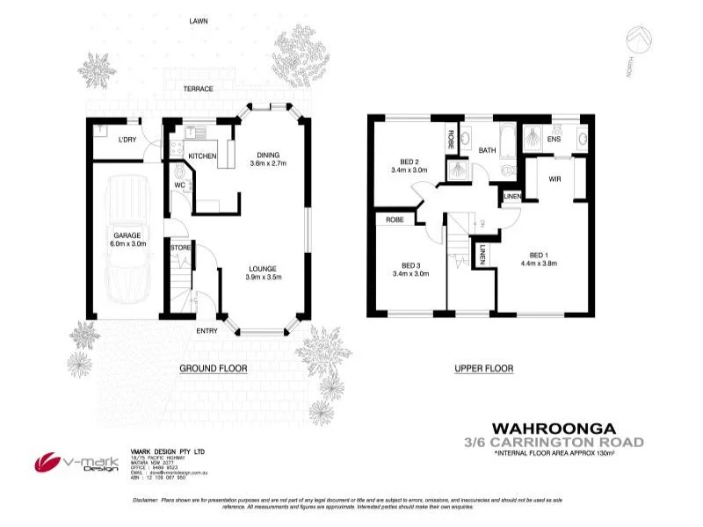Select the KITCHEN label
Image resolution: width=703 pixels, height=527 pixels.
tap(202, 156)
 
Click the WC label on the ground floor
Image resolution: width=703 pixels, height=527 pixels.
tap(178, 185)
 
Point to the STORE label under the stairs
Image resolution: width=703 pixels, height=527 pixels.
tap(180, 249)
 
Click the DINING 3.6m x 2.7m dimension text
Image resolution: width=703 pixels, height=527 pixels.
tap(268, 158)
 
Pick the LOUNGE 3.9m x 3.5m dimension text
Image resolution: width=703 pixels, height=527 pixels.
tap(263, 273)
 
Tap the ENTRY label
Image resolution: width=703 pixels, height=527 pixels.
tap(207, 330)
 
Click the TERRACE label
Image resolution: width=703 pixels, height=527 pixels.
tap(199, 89)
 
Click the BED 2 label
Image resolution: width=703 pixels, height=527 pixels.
tap(409, 165)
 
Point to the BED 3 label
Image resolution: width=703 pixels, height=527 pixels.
tap(409, 269)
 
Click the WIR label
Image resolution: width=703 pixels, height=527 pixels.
tap(554, 179)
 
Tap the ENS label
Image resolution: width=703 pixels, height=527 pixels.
tap(554, 139)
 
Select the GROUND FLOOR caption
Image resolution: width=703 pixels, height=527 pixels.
tap(213, 369)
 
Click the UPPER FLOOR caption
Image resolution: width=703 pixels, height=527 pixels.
tap(483, 369)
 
